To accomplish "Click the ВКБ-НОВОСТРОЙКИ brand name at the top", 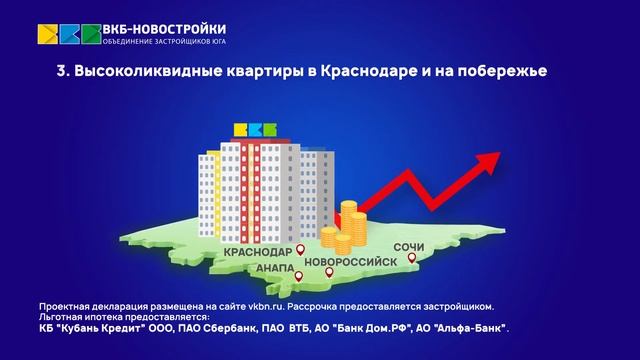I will (164, 27).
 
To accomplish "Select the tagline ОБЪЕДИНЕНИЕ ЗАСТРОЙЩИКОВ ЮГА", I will (164, 42).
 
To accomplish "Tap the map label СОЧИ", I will (413, 245).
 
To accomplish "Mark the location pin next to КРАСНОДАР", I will (300, 247).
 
